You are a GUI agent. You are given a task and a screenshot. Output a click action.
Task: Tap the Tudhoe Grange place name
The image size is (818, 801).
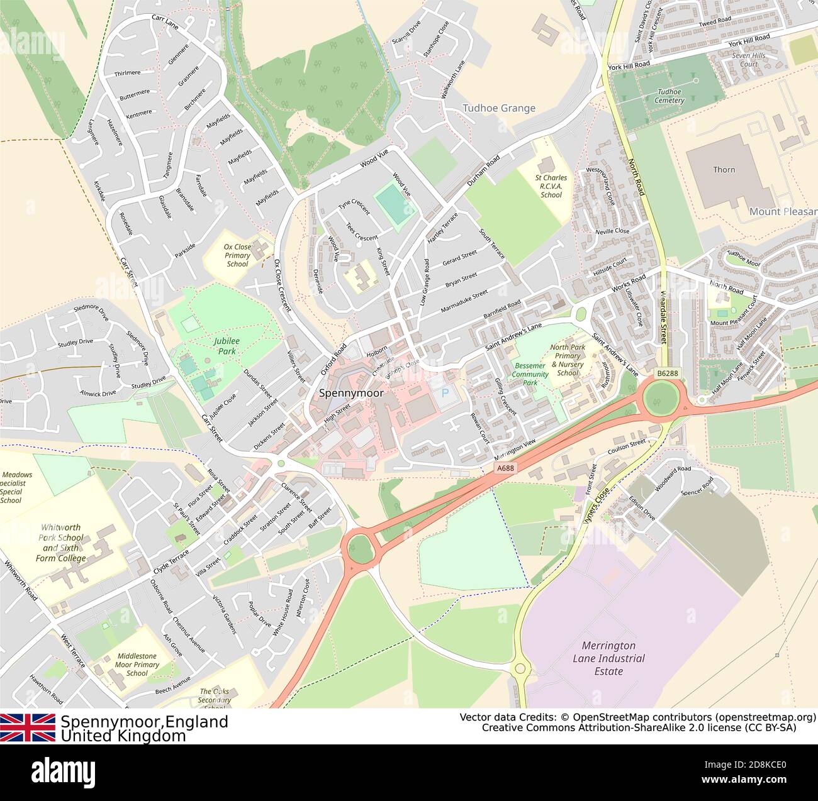pyautogui.click(x=499, y=108)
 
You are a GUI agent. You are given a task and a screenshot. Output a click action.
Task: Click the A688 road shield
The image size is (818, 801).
pyautogui.click(x=505, y=468)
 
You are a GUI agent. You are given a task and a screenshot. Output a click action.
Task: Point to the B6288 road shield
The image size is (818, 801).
pyautogui.click(x=668, y=373)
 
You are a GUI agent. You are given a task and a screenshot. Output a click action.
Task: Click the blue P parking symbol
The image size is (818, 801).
pyautogui.click(x=446, y=394)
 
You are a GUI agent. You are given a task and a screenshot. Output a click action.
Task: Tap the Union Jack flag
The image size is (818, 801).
pyautogui.click(x=28, y=727)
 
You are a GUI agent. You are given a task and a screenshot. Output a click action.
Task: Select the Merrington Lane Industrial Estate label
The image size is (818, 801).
pyautogui.click(x=608, y=658)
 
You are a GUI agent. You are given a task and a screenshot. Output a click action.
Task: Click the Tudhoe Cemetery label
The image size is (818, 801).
pyautogui.click(x=669, y=96)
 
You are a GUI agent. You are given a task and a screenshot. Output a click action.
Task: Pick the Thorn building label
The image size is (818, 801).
pyautogui.click(x=724, y=169)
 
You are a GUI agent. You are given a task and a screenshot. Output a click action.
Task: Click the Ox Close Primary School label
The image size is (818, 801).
pyautogui.click(x=237, y=255)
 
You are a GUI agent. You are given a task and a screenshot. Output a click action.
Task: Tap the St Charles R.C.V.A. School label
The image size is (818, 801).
pyautogui.click(x=551, y=186)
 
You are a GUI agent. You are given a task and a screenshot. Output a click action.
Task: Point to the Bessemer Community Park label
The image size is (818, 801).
pyautogui.click(x=530, y=374)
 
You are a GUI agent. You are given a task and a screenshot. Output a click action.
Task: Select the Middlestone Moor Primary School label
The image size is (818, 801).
pyautogui.click(x=137, y=665)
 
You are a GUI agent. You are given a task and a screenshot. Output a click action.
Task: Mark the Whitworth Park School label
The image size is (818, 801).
pyautogui.click(x=60, y=543)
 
